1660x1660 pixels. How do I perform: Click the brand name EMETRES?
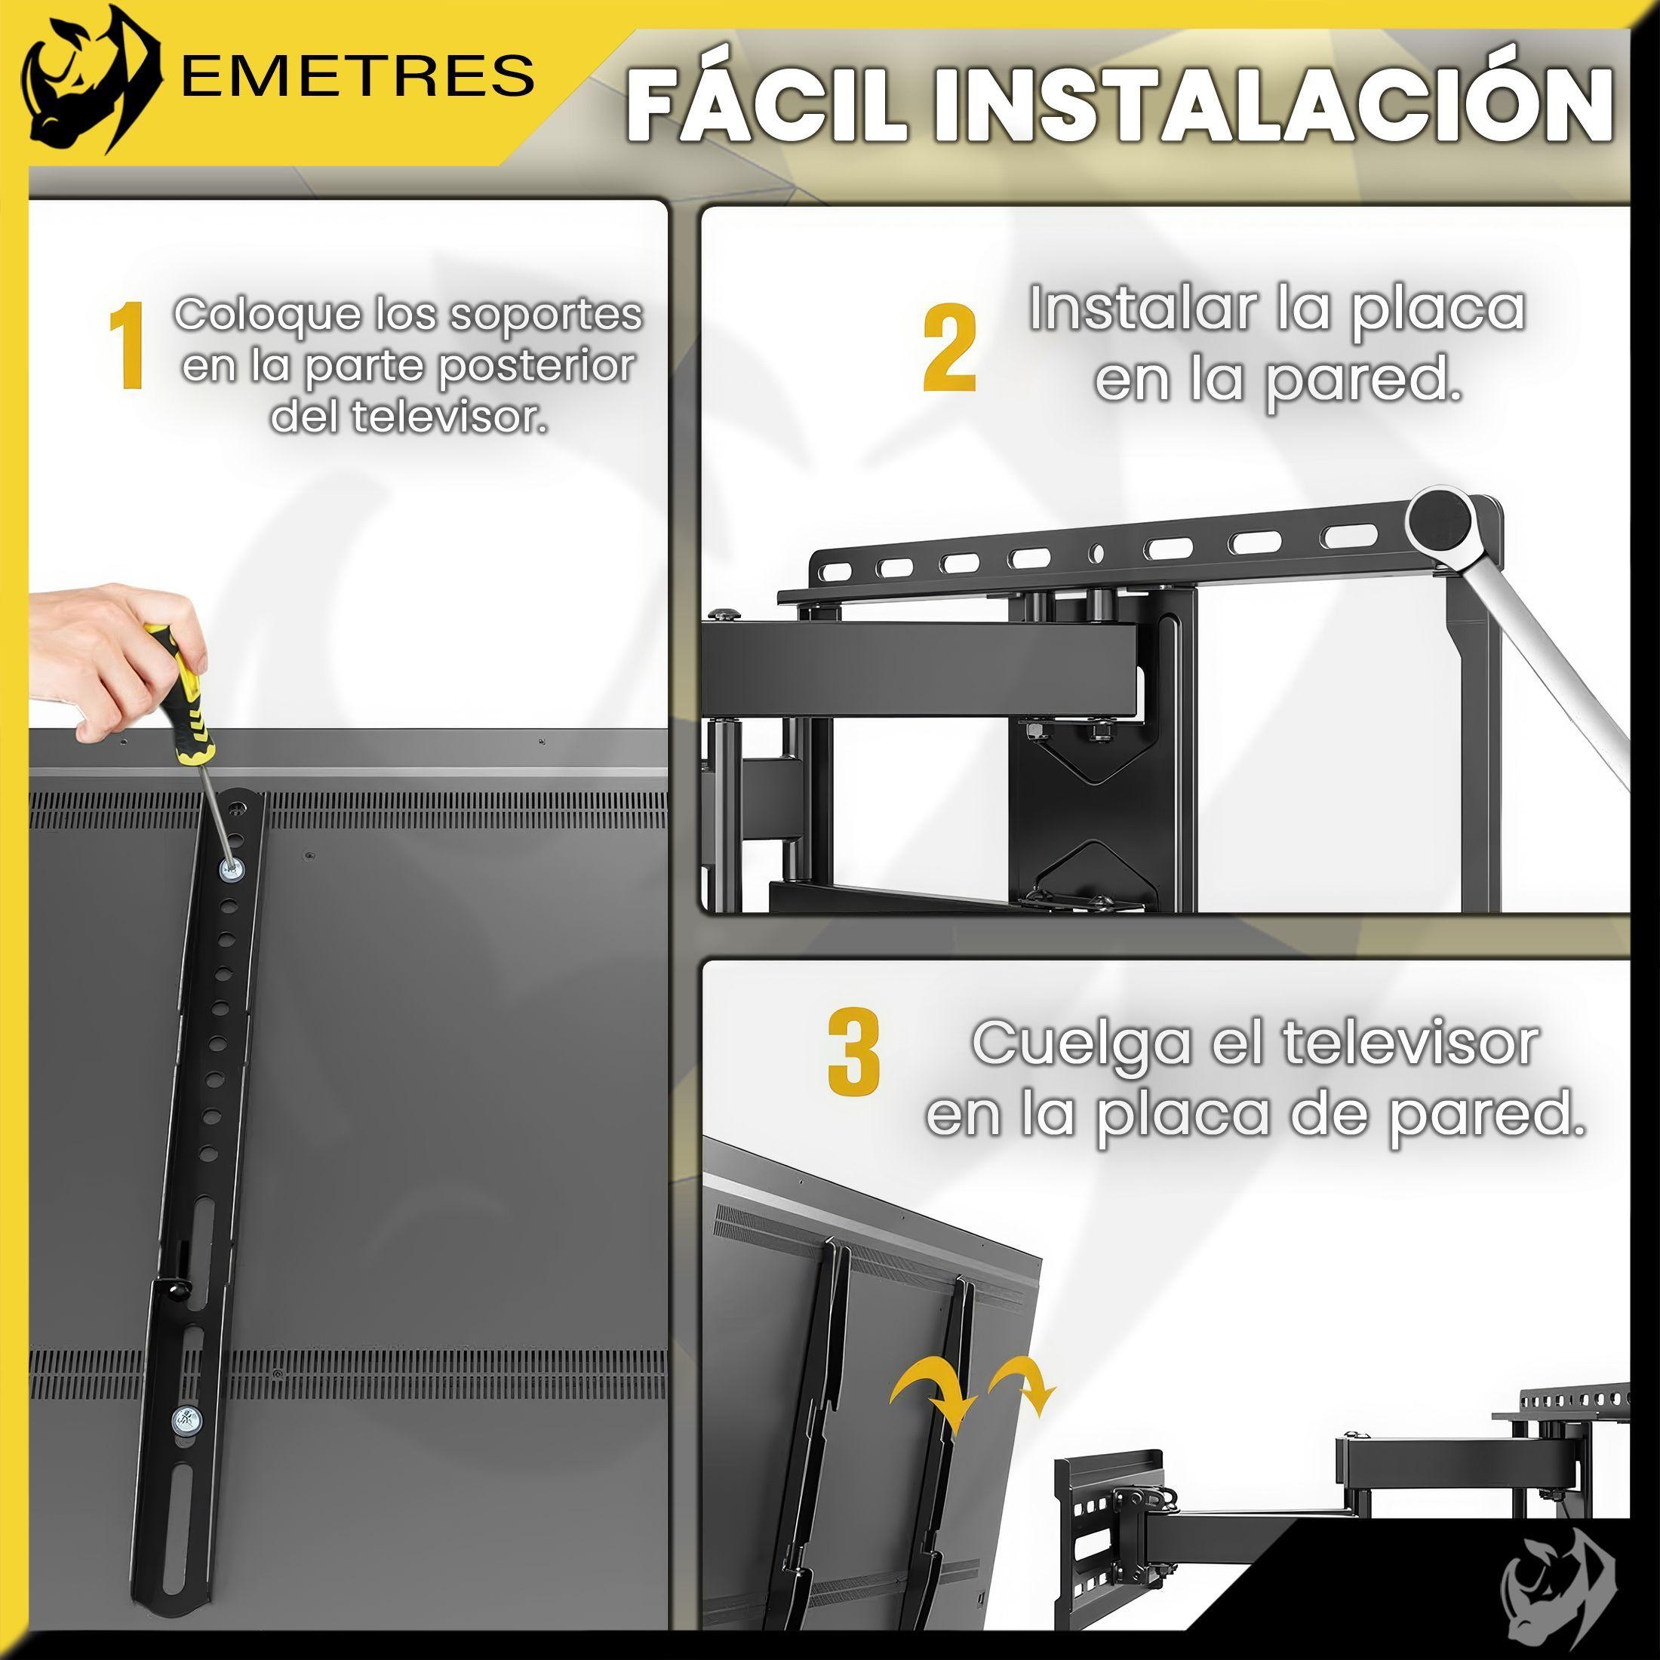tap(358, 75)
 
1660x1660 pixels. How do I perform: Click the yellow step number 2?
tap(949, 349)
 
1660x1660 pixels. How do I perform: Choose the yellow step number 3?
tap(853, 1052)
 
